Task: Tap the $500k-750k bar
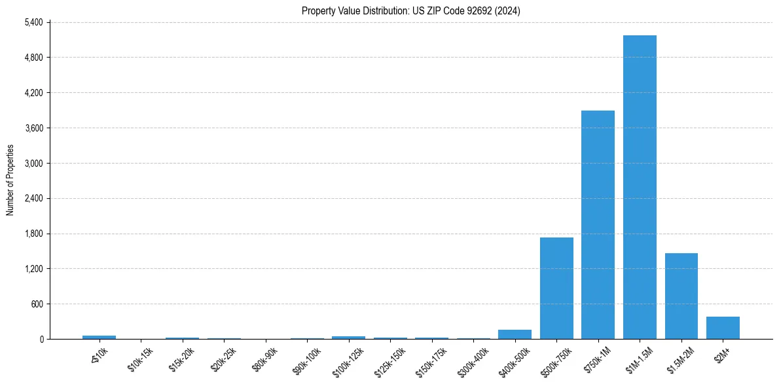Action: [x=556, y=288]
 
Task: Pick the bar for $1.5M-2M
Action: [x=681, y=296]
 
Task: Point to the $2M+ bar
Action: [x=723, y=328]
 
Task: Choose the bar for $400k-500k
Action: [x=515, y=334]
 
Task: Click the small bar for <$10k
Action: [x=99, y=337]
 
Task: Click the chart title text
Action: [x=411, y=10]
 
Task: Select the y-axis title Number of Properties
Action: [x=10, y=180]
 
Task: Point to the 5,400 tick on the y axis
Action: [x=33, y=22]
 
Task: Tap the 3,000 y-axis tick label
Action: [x=33, y=163]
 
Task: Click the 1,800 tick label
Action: [x=33, y=234]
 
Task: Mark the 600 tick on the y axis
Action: [x=37, y=304]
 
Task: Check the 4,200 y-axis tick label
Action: [x=33, y=93]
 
